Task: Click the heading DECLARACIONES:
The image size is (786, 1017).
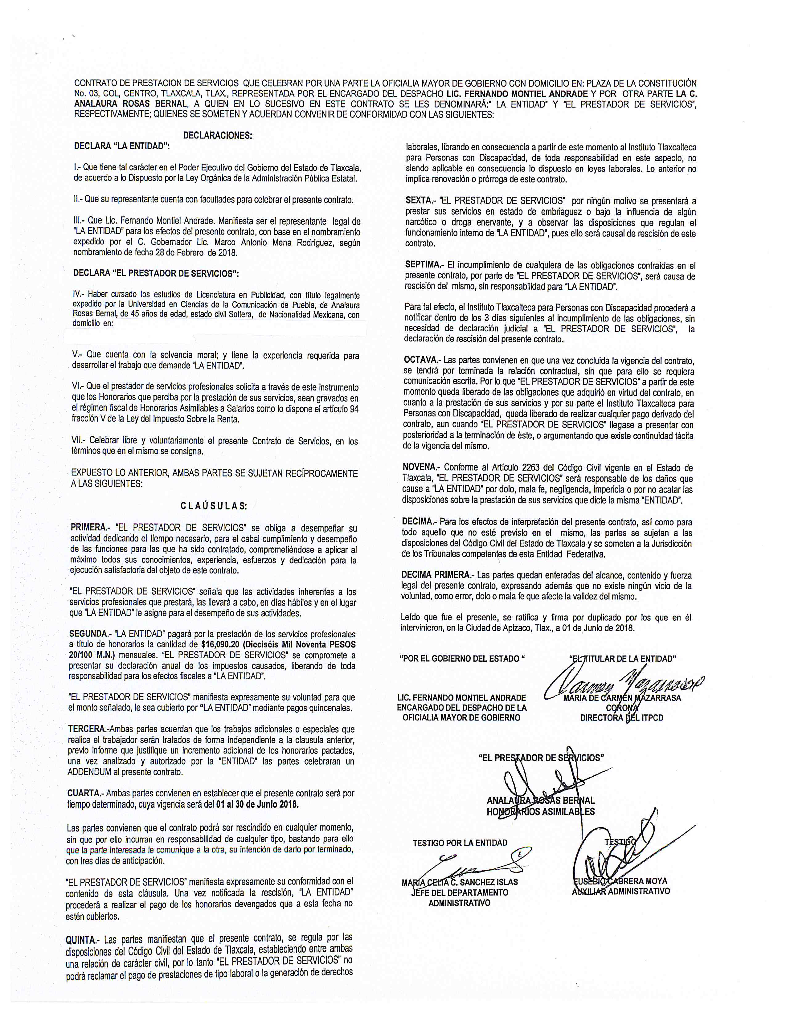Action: coord(217,136)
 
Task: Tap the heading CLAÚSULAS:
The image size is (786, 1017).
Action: coord(214,506)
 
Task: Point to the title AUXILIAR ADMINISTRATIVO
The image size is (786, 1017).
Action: coord(621,891)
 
